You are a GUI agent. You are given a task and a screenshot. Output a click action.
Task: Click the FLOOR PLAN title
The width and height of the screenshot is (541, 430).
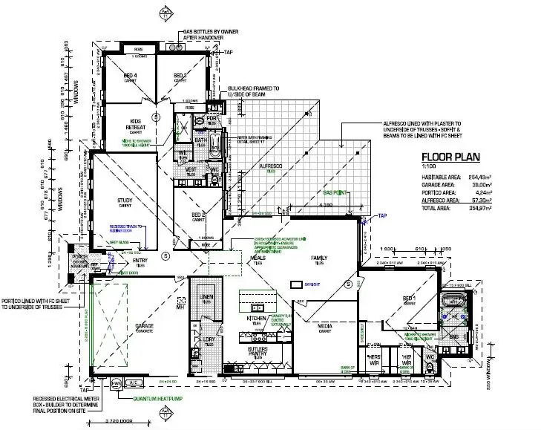tap(450, 157)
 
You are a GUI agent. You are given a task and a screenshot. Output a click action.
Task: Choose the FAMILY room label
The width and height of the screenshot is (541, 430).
tap(319, 258)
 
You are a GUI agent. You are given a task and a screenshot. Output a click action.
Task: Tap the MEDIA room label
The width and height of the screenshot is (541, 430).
tap(324, 325)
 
